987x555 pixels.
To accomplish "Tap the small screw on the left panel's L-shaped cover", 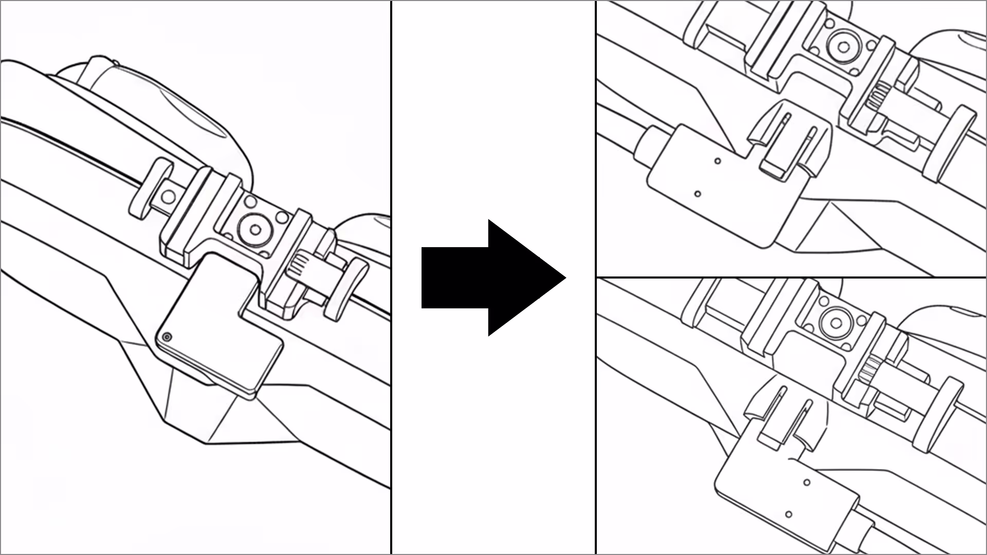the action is pos(167,337).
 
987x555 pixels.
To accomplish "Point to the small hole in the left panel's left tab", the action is pos(168,196).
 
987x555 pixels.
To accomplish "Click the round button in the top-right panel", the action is pos(843,47).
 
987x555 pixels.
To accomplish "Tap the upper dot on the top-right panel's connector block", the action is pos(718,161).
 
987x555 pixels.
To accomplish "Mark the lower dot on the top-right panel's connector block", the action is pos(698,194).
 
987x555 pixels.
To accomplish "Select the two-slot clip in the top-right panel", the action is pos(789,139).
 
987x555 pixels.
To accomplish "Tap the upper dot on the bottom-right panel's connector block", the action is pos(807,483).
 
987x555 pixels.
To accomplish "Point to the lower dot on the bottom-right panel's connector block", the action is pos(789,514).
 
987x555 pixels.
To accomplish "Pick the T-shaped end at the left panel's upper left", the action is pos(150,188).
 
